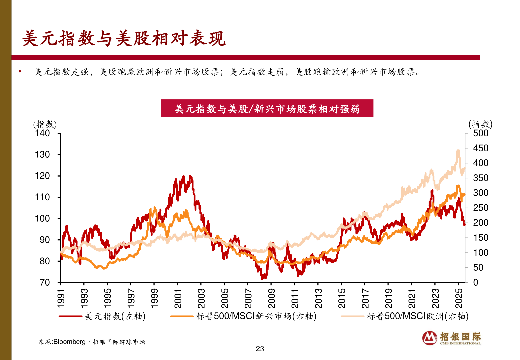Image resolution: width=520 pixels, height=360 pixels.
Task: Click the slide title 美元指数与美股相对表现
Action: click(x=124, y=38)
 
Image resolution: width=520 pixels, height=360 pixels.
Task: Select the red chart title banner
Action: click(x=267, y=108)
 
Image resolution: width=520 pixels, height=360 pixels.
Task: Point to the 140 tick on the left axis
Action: click(x=42, y=133)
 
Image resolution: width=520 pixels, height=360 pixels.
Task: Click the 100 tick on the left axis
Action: click(x=42, y=219)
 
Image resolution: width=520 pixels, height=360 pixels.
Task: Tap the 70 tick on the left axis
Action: click(x=45, y=283)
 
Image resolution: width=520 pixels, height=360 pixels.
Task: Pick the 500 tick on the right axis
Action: click(x=481, y=133)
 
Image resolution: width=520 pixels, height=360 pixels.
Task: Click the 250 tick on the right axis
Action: click(x=481, y=208)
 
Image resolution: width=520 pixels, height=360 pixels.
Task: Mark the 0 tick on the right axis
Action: click(x=476, y=283)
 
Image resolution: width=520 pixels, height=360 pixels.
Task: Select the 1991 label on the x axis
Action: click(x=61, y=299)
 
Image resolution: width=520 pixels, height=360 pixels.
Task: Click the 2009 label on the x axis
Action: click(x=272, y=299)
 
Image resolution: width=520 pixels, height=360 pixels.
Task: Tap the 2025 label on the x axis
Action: click(x=459, y=299)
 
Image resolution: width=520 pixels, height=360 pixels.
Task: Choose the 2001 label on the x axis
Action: click(x=178, y=299)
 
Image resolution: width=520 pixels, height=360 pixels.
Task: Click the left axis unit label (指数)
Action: click(x=45, y=124)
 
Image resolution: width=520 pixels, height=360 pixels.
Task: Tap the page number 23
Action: click(x=260, y=349)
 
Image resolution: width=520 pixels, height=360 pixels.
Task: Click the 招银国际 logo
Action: click(x=452, y=338)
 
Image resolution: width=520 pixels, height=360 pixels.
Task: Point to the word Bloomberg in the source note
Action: click(x=69, y=342)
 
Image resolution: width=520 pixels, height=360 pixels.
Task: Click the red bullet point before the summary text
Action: click(x=20, y=71)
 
